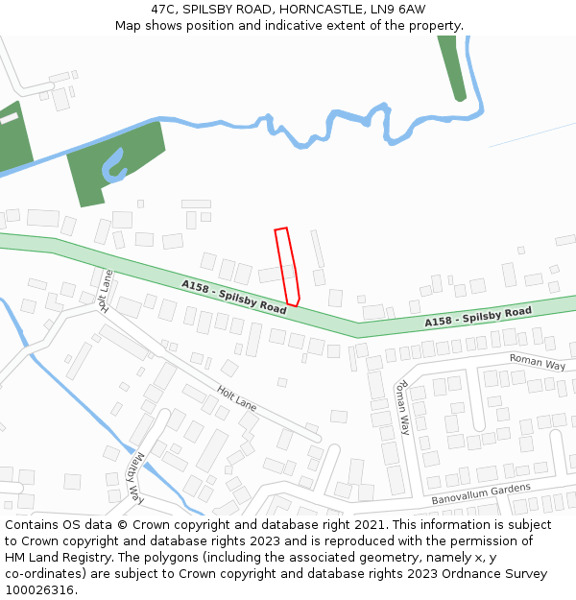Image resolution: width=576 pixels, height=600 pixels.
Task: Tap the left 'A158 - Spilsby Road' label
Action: (x=234, y=297)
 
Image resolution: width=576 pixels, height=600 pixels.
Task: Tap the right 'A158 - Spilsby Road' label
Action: (x=478, y=317)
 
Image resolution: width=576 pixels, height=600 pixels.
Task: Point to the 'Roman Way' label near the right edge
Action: (x=538, y=363)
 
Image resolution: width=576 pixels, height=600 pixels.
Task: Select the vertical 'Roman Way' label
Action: (x=403, y=407)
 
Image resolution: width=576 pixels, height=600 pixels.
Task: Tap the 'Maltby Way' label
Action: (x=135, y=478)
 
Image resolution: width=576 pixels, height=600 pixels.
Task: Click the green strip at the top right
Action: (x=452, y=67)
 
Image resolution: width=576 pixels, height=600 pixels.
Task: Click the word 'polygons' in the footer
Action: (x=183, y=558)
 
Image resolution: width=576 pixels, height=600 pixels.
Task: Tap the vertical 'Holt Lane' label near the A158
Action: (x=107, y=291)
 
